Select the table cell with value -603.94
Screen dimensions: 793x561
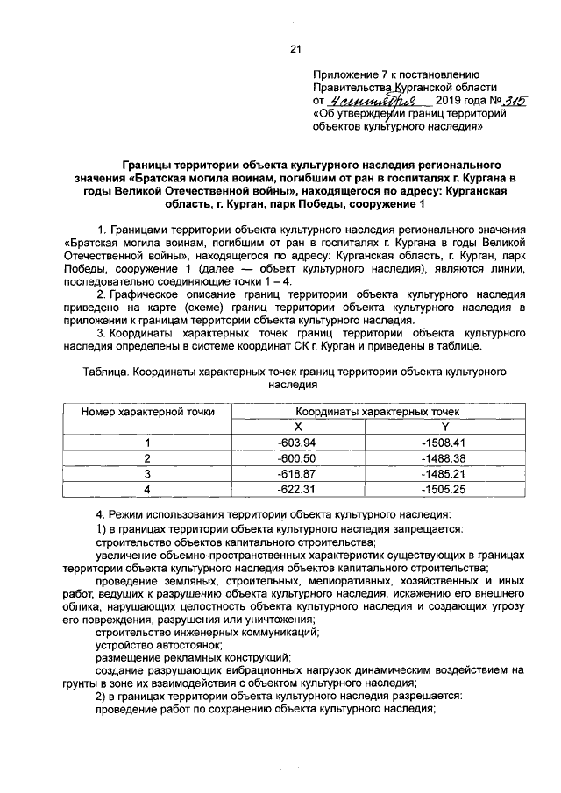click(295, 443)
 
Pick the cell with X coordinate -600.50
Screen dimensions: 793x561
click(295, 458)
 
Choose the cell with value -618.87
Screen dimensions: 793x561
click(295, 473)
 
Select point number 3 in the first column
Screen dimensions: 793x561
click(148, 473)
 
